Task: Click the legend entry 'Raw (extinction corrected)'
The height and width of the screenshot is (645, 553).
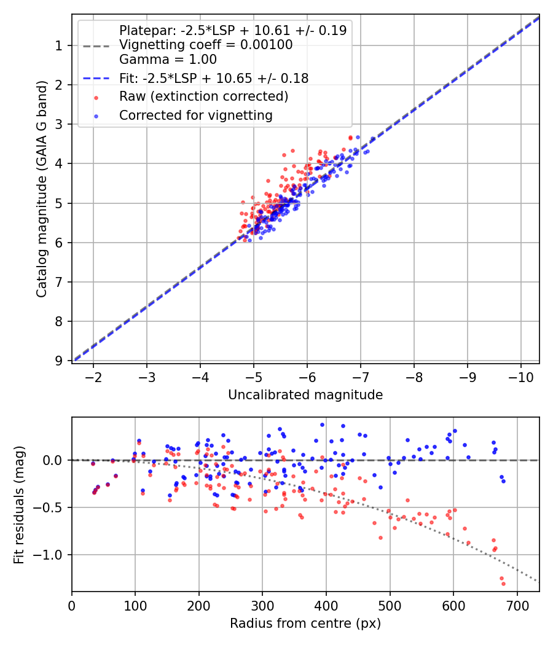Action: coord(203,96)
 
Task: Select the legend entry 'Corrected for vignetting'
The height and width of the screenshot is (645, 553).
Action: coord(196,115)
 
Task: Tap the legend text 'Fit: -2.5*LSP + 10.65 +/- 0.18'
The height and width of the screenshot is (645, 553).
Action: coord(213,78)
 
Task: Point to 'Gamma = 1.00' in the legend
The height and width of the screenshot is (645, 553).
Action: coord(168,60)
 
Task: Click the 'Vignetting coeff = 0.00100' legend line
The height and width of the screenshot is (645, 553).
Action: coord(206,45)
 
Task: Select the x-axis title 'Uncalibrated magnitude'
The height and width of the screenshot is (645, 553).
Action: coord(305,395)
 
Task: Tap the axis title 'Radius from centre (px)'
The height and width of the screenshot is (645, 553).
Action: coord(305,623)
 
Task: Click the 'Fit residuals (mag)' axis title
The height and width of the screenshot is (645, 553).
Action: coord(19,504)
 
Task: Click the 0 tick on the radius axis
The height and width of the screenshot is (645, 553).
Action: coord(72,604)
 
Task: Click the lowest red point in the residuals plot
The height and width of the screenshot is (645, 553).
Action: coord(503,584)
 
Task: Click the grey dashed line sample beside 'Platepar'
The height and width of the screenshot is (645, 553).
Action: coord(95,45)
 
